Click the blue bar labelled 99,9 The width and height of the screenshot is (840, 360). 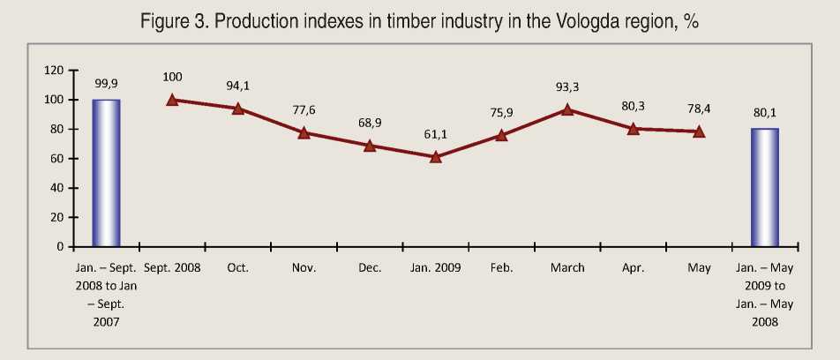coord(107,173)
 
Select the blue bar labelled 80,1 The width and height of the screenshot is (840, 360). coord(764,187)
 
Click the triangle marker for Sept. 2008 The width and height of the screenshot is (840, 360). coord(172,100)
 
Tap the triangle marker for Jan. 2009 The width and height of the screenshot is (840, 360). coord(435,157)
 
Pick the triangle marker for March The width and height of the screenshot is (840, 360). coord(567,109)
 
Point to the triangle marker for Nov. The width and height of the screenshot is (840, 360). coord(304,132)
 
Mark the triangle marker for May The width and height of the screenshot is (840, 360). coord(699,131)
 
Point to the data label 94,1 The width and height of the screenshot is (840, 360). coord(238,86)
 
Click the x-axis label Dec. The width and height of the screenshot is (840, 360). coord(370,267)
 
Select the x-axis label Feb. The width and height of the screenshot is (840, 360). coord(501,267)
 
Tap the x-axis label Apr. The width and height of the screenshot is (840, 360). coord(634,267)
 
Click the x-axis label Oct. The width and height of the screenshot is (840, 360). coord(238,267)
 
